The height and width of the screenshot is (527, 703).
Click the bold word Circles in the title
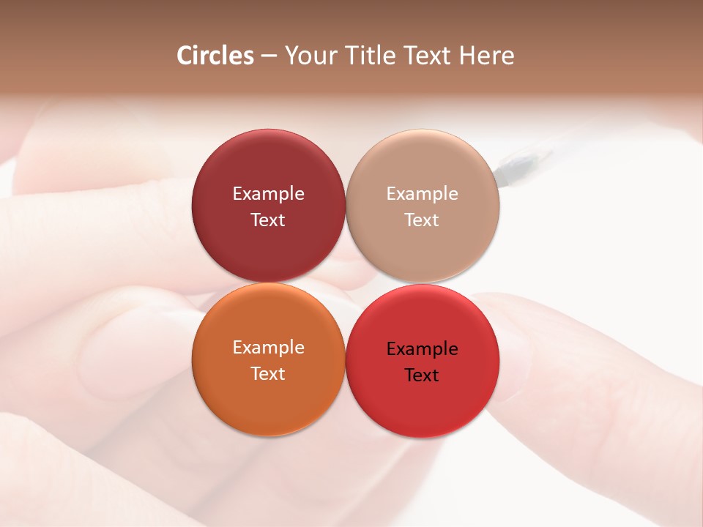(215, 56)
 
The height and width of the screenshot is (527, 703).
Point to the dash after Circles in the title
(269, 56)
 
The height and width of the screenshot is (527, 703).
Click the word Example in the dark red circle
(268, 194)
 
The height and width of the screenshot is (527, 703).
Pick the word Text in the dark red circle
(268, 220)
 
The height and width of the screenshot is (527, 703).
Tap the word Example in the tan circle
(422, 194)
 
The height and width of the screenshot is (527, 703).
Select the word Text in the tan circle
(422, 220)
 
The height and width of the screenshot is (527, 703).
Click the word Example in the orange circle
(268, 348)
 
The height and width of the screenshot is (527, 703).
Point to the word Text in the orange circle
(268, 374)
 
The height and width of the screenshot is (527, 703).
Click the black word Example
(422, 349)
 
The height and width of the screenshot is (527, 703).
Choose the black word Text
(422, 375)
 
